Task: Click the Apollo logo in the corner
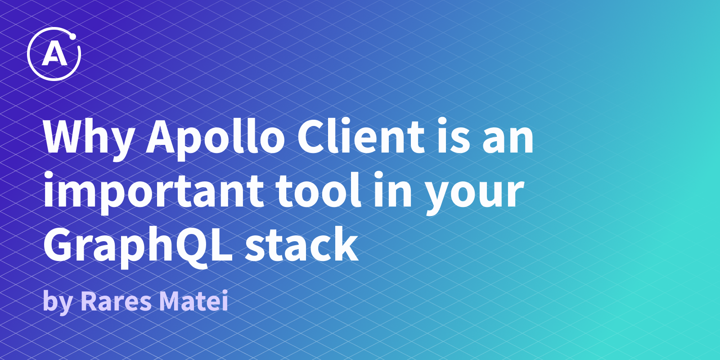tap(54, 54)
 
